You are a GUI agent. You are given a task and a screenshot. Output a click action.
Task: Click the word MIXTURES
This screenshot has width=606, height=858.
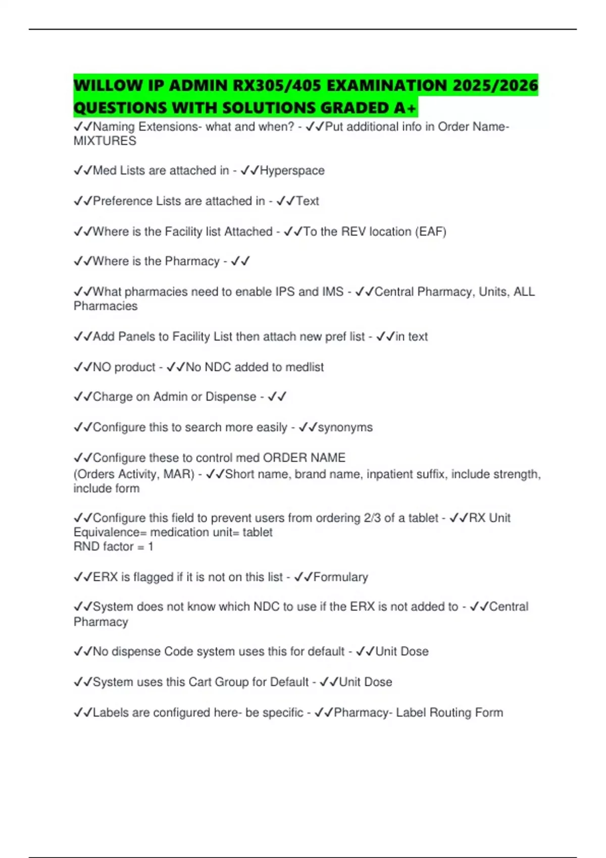(x=105, y=141)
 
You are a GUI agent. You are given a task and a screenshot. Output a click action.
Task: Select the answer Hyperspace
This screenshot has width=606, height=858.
(x=292, y=171)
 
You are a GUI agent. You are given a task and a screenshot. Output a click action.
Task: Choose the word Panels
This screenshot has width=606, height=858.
(x=135, y=337)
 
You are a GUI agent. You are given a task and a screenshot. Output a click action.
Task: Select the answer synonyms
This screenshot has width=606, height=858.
(x=345, y=427)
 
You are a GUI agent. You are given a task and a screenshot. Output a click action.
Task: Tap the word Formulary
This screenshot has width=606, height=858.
(x=340, y=577)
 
